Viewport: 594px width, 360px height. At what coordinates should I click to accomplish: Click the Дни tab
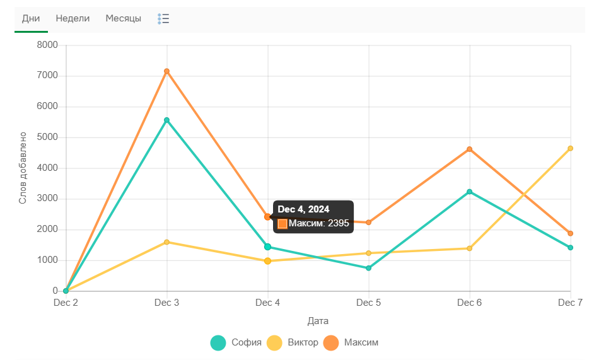pyautogui.click(x=31, y=18)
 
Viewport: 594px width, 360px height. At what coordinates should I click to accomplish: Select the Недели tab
pyautogui.click(x=73, y=18)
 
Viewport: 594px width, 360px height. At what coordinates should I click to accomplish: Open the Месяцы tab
pyautogui.click(x=123, y=18)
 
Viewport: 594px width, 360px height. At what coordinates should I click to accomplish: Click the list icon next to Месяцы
pyautogui.click(x=163, y=19)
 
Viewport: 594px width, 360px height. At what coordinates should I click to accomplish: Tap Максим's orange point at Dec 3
pyautogui.click(x=166, y=71)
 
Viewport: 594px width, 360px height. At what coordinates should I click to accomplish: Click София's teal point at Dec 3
pyautogui.click(x=166, y=120)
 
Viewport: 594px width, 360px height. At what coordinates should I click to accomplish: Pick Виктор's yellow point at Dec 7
pyautogui.click(x=570, y=149)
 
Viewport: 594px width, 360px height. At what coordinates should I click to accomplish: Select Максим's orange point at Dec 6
pyautogui.click(x=469, y=149)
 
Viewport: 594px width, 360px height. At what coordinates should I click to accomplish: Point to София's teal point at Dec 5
pyautogui.click(x=368, y=268)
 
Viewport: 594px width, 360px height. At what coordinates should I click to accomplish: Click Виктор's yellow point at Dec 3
pyautogui.click(x=166, y=242)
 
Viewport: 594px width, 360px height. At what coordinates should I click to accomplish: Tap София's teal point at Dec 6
pyautogui.click(x=469, y=192)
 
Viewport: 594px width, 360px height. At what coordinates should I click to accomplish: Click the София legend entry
pyautogui.click(x=236, y=343)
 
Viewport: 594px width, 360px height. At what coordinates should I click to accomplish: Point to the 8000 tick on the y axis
pyautogui.click(x=47, y=45)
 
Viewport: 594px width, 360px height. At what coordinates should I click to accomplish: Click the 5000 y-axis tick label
pyautogui.click(x=47, y=137)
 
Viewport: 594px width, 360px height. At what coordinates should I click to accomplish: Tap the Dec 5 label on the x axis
pyautogui.click(x=368, y=303)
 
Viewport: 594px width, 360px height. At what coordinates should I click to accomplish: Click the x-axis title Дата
pyautogui.click(x=318, y=321)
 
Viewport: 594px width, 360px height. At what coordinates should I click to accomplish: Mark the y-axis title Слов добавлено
pyautogui.click(x=23, y=168)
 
